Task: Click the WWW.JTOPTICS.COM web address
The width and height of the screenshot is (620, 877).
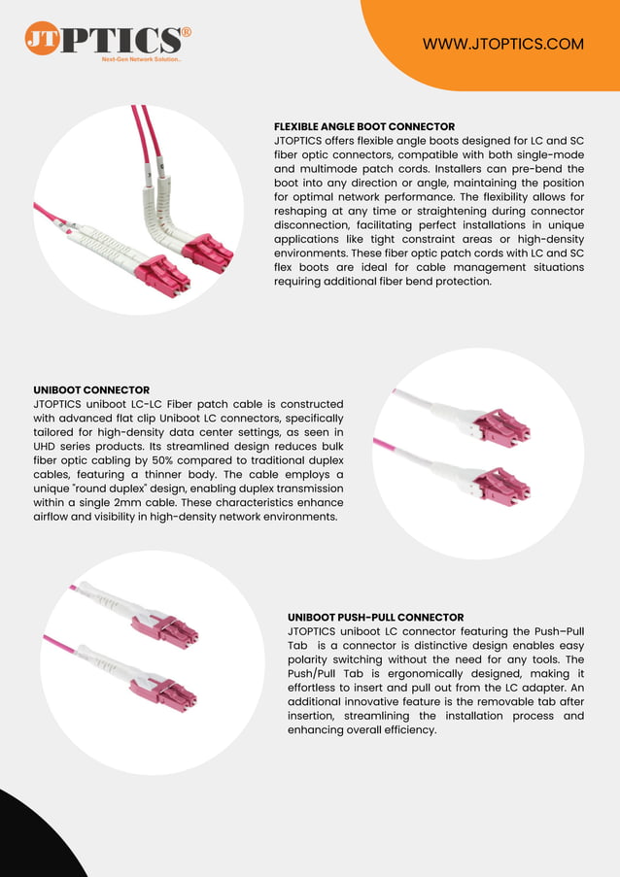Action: pos(503,44)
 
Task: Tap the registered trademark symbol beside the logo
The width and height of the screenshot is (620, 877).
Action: pos(186,32)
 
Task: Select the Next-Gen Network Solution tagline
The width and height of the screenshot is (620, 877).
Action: pos(142,60)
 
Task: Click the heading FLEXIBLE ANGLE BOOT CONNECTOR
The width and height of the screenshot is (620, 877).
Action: pos(364,127)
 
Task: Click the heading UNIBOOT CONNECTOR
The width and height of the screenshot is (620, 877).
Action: pos(91,389)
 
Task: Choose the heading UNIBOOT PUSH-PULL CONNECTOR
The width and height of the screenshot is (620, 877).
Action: pos(375,617)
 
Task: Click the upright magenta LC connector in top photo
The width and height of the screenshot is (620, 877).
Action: pos(207,253)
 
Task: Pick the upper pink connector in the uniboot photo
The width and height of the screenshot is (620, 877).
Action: pos(502,425)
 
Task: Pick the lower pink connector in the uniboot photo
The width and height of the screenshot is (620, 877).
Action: pos(502,484)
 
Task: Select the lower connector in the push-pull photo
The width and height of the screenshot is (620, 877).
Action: pos(175,695)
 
